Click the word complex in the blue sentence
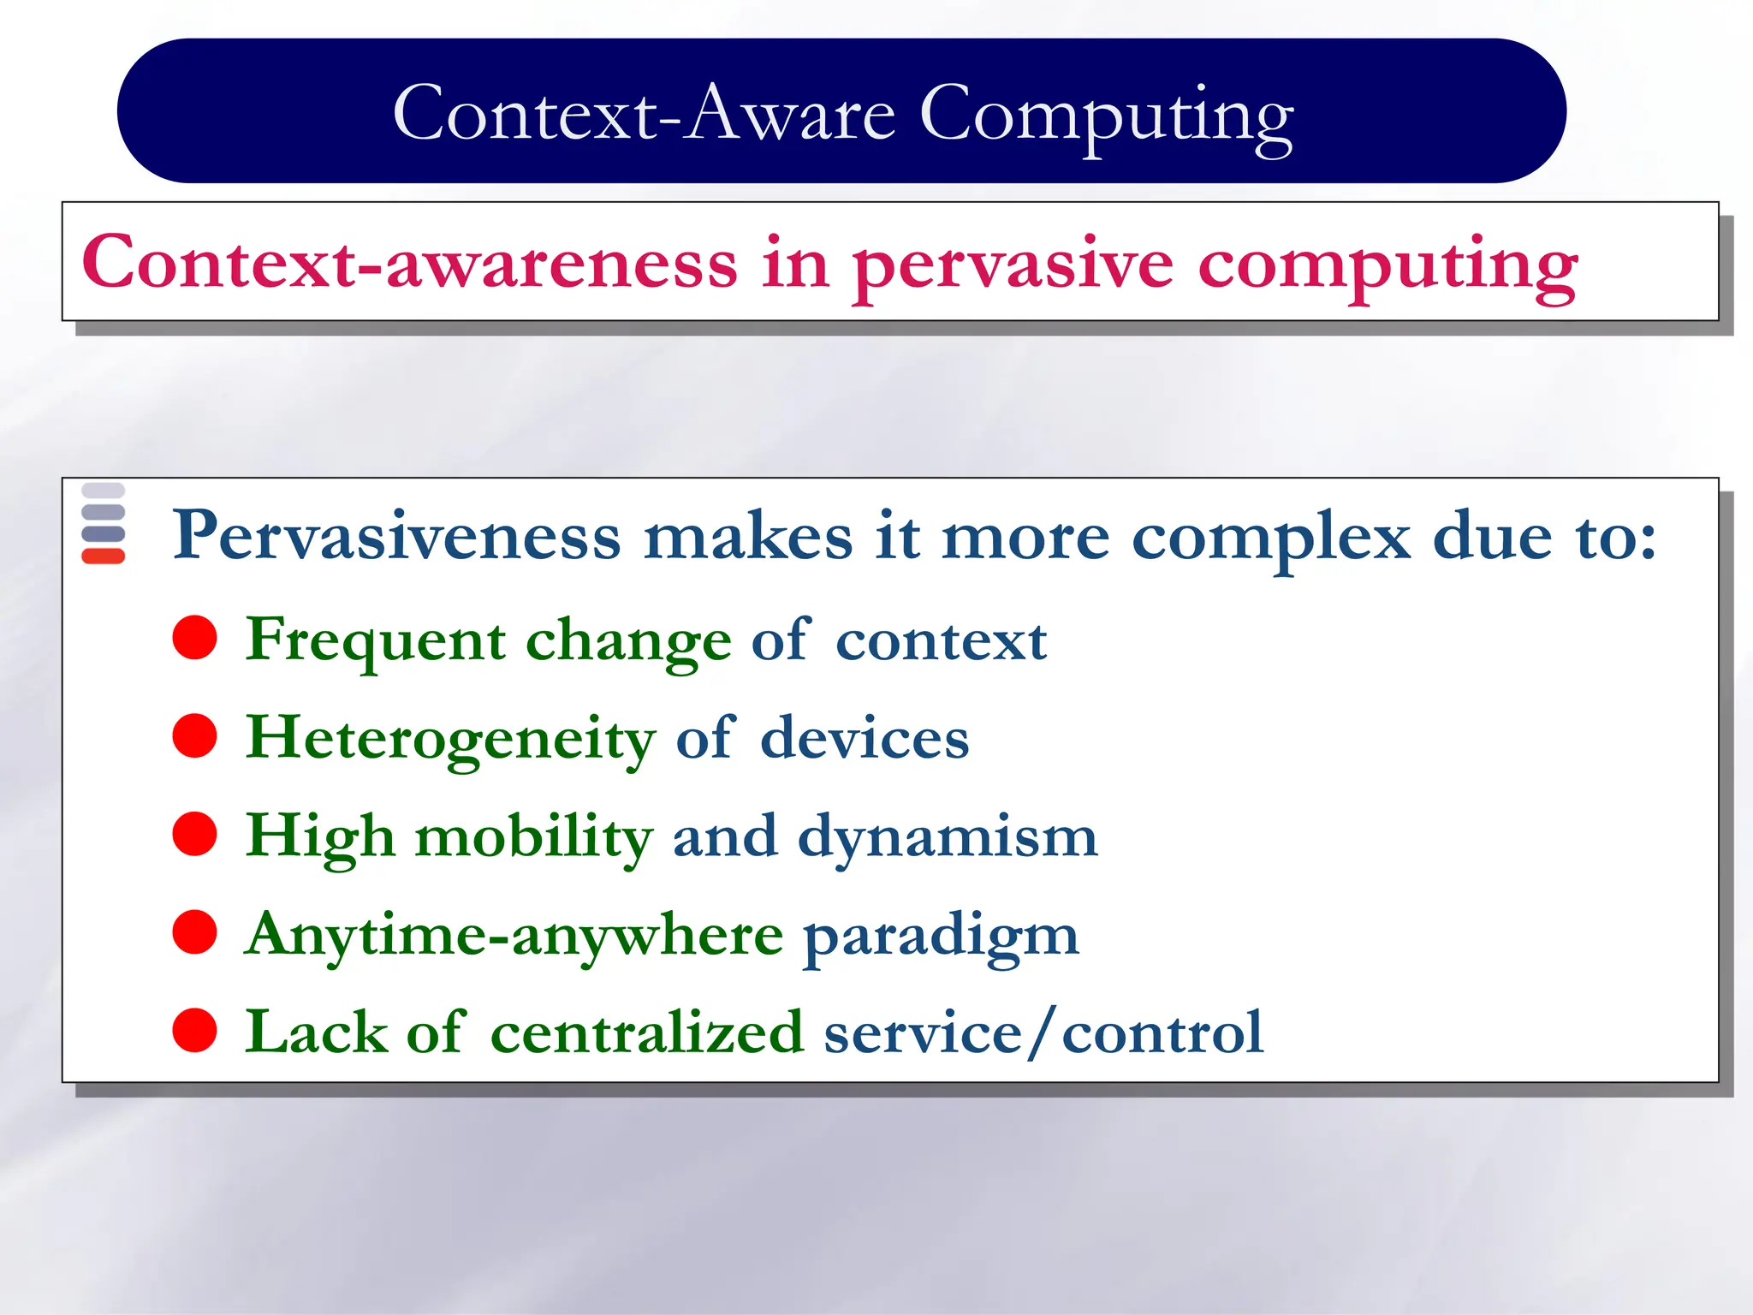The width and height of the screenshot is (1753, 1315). point(1270,538)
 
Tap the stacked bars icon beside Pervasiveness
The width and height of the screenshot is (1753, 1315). point(104,523)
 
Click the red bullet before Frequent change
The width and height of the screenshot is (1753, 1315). point(194,638)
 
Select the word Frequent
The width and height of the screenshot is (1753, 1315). point(375,640)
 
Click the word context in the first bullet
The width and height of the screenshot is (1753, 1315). point(941,640)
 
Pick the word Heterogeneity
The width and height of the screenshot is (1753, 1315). point(450,738)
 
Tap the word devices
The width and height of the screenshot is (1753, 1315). point(865,738)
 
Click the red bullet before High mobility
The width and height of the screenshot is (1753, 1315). point(194,834)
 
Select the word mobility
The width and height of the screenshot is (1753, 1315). point(534,837)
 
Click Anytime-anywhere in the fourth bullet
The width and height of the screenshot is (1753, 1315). point(514,935)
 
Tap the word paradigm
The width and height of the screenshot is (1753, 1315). point(941,937)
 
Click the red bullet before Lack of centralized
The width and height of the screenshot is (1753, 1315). point(194,1030)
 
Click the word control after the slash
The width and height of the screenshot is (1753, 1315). point(1162,1032)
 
